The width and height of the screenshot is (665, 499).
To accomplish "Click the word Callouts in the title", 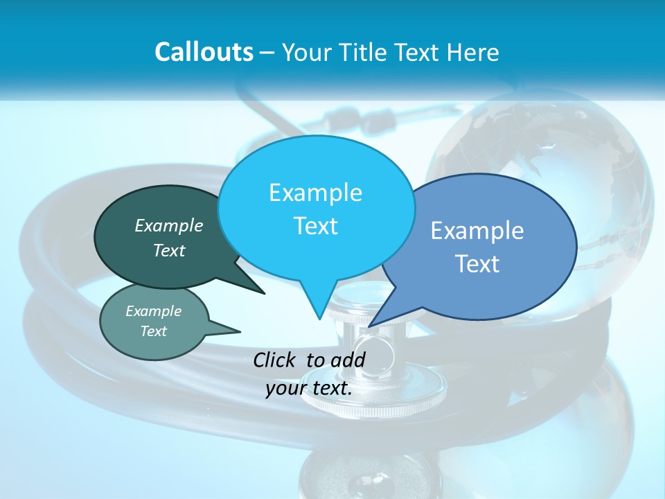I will [204, 52].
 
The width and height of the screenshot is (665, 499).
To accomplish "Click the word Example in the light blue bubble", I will [315, 193].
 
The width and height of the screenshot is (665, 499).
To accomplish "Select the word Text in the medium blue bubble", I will [477, 264].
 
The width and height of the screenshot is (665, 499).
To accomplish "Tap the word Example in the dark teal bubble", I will [169, 226].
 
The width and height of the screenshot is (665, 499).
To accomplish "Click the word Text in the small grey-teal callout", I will [154, 331].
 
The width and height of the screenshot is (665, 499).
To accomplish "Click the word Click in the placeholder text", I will [274, 360].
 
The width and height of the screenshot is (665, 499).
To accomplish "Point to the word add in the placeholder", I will [348, 360].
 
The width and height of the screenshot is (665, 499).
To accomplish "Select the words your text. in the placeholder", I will [309, 387].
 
